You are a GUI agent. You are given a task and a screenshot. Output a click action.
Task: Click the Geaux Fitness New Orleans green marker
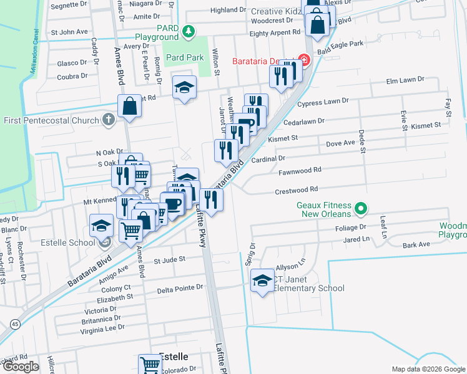coord(360,208)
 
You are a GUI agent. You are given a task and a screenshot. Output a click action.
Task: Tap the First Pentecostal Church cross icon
coord(108,120)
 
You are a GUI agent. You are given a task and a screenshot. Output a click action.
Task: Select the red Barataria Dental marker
coord(304,60)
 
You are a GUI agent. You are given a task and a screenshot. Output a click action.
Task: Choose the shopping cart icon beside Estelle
coord(150,364)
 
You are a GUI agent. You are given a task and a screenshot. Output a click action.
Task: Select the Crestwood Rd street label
coord(297,189)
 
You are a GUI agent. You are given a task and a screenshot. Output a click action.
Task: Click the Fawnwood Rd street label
coord(300,170)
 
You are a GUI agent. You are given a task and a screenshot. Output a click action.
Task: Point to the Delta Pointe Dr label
coord(180,289)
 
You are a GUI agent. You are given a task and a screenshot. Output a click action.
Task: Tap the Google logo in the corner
coord(21,366)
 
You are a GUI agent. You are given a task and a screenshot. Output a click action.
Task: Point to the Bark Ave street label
coord(416,244)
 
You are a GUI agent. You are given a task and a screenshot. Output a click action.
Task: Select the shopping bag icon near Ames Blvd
coord(129,107)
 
